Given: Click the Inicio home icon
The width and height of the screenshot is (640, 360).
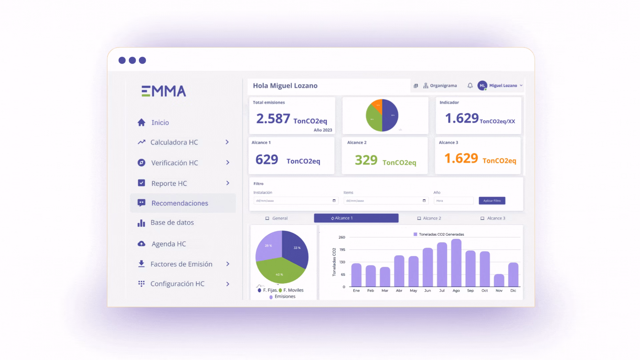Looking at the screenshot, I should click(141, 123).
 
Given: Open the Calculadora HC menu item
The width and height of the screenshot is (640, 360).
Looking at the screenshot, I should click(174, 142).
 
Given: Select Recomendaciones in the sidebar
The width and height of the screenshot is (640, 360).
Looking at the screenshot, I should click(180, 203).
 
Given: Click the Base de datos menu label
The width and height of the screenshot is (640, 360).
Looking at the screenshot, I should click(172, 223).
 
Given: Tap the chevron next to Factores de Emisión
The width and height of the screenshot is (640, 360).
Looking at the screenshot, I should click(228, 264).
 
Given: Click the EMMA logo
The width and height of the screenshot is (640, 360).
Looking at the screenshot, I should click(164, 91).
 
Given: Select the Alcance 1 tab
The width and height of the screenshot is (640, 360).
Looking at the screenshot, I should click(356, 218).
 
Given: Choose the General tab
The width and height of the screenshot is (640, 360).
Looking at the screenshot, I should click(277, 218).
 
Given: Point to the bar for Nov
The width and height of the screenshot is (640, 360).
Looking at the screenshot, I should click(499, 280).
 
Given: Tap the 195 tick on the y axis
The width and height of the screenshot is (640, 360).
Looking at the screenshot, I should click(342, 250).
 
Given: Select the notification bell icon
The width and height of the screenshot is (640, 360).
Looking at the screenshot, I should click(470, 86).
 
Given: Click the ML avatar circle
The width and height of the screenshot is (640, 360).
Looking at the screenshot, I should click(482, 86).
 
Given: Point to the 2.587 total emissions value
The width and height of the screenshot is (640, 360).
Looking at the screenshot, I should click(273, 119).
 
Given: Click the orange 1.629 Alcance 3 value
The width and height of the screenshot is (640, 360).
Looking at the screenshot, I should click(461, 158).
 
